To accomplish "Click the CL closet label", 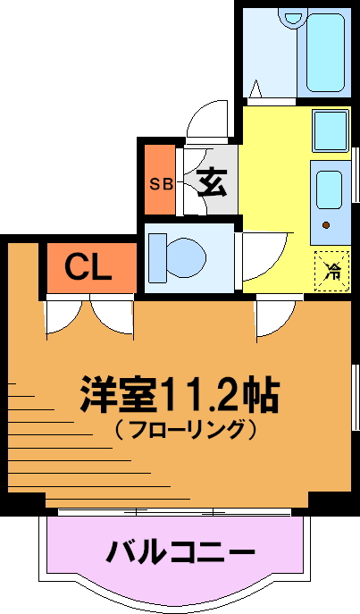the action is point(88,267).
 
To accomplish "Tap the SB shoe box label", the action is point(162,184).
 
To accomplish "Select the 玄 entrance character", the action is point(212,182).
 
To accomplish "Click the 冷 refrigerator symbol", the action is point(331,271).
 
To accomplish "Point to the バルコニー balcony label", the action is point(180,552).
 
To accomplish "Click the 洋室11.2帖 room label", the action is point(180,395).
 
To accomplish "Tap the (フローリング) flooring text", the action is point(185,430).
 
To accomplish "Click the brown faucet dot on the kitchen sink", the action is point(325,224).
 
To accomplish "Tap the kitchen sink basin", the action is point(330,189).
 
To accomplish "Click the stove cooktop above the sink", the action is point(331,130).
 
